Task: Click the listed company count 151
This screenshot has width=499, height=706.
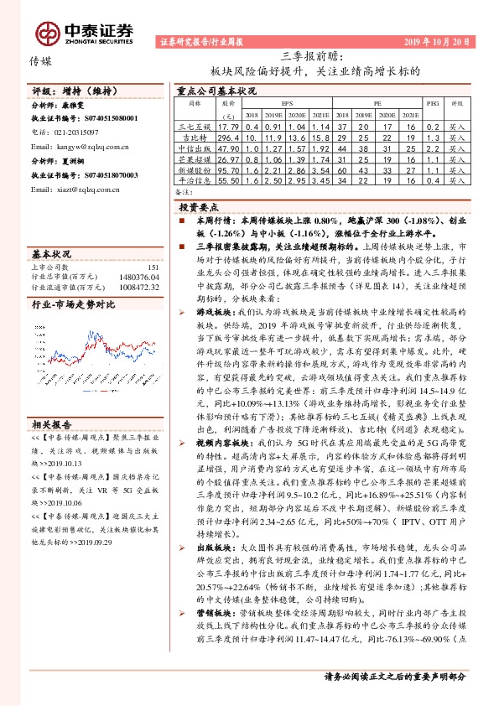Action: coord(152,267)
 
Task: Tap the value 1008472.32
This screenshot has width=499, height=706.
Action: coord(136,287)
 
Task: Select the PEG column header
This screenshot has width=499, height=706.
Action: coord(432,102)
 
